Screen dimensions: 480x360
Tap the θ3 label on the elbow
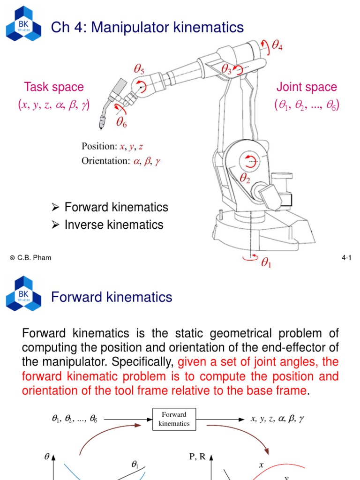[x=227, y=70]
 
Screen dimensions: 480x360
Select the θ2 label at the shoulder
[x=245, y=178]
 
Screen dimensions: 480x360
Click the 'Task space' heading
[x=53, y=87]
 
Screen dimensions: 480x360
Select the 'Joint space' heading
[x=307, y=87]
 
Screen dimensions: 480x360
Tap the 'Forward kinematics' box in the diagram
[x=174, y=419]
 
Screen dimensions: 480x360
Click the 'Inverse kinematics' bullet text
[x=114, y=225]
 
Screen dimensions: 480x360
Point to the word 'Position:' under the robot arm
[x=99, y=147]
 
